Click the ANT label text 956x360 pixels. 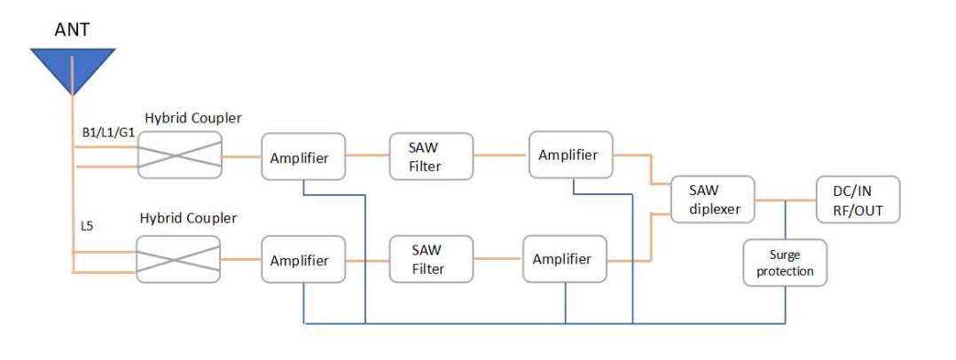pos(73,29)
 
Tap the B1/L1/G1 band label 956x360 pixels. pos(108,132)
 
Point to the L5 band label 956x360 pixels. pos(88,226)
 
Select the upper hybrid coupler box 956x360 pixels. pos(180,155)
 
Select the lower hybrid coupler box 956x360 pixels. pos(178,259)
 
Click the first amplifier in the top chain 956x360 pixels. pos(303,157)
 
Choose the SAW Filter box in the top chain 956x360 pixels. pos(431,157)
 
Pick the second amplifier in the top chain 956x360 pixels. pos(571,154)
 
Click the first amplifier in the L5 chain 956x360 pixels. pos(303,259)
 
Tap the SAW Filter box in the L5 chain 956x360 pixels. pos(431,259)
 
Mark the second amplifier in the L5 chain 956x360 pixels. pos(565,259)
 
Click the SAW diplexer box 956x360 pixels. pos(713,200)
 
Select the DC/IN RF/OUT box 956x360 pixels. pos(858,200)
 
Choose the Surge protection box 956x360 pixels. pos(786,262)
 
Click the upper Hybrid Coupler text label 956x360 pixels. pos(193,118)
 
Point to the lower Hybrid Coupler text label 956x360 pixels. pos(188,217)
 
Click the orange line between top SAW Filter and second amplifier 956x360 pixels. pos(501,155)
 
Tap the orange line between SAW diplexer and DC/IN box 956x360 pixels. pos(786,200)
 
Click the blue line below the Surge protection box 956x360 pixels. pos(786,304)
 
